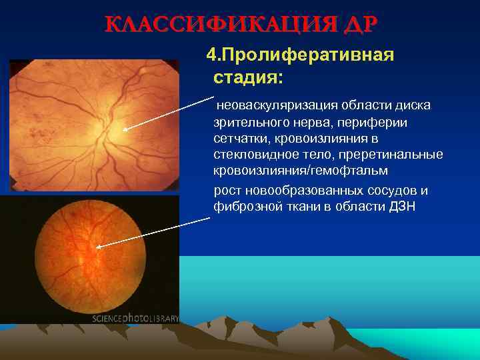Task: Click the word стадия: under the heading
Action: (248, 77)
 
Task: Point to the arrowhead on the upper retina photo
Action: (126, 129)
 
